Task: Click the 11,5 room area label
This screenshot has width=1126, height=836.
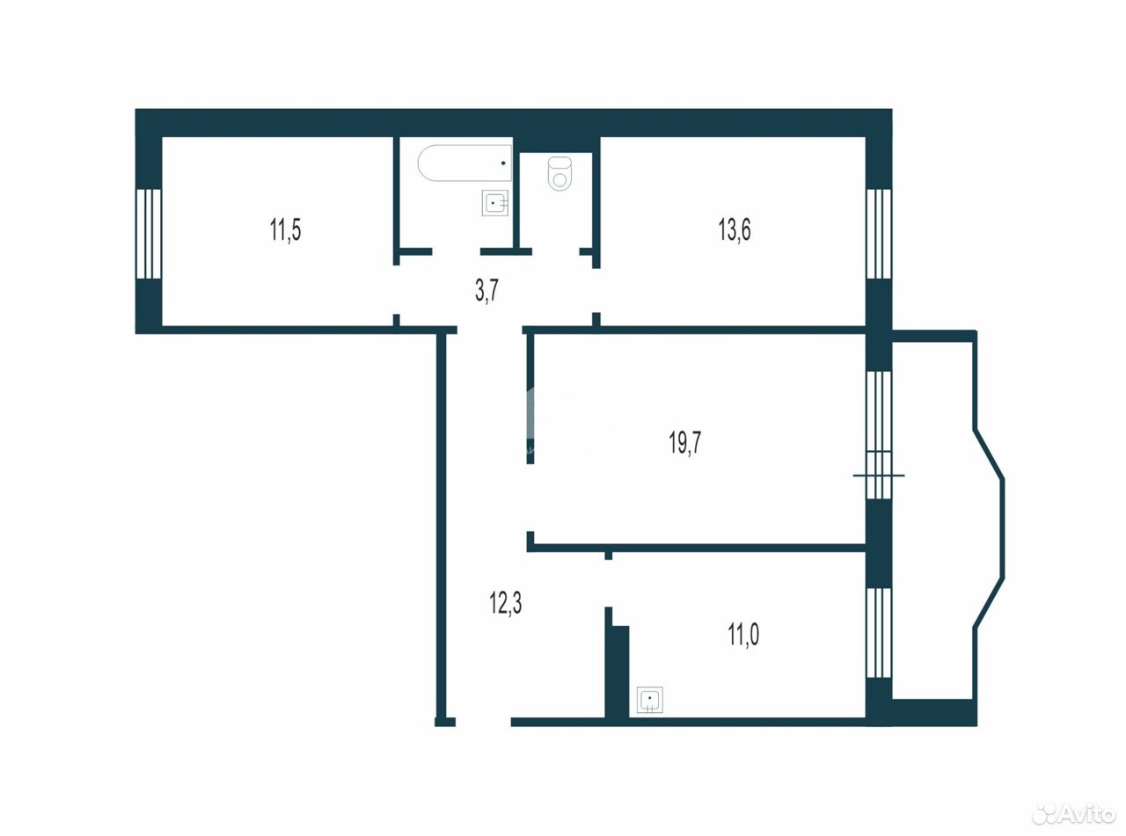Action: (x=285, y=229)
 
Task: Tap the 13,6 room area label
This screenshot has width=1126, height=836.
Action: (x=735, y=229)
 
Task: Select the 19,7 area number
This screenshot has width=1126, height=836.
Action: (x=685, y=443)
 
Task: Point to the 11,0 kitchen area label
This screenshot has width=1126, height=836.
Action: (x=743, y=635)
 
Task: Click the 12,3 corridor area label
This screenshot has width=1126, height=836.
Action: (x=505, y=604)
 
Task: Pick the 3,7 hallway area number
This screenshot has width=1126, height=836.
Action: (x=487, y=291)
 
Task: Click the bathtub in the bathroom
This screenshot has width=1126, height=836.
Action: (x=464, y=163)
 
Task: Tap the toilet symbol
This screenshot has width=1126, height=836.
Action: (x=560, y=173)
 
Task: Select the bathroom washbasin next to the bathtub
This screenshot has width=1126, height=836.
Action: (x=495, y=203)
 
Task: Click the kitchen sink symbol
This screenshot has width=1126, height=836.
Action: (x=650, y=700)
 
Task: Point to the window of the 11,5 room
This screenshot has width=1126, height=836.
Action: (x=149, y=234)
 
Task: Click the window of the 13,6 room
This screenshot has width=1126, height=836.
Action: (x=879, y=234)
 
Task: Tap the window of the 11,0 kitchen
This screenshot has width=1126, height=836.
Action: (x=879, y=633)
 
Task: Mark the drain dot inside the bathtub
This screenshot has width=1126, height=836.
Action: (x=503, y=163)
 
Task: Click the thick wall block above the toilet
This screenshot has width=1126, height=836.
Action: (x=556, y=144)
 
